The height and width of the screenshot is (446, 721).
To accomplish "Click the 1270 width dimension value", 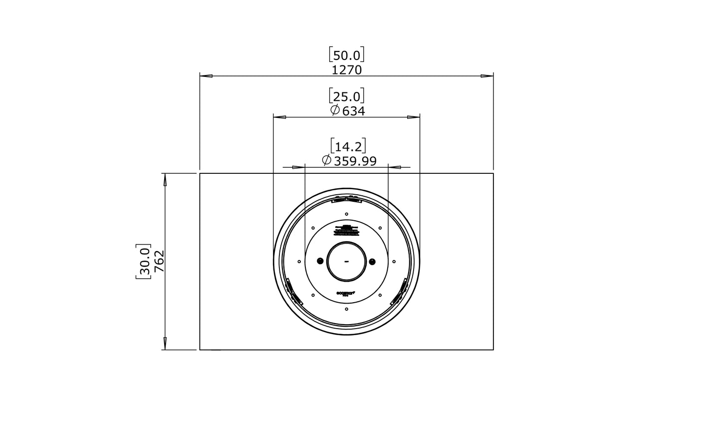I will [x=347, y=70].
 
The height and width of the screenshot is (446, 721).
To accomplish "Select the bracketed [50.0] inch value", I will [x=347, y=54].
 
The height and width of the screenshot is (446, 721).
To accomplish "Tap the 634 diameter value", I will [x=354, y=111].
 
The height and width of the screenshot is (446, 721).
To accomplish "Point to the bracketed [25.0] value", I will [x=347, y=96].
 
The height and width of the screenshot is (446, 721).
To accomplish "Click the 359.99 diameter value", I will [x=355, y=161].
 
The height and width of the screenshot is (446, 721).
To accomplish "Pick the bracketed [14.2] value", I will [x=348, y=146].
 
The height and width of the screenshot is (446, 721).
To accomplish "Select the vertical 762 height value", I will [x=159, y=261].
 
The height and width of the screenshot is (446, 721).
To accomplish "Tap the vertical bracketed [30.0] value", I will [x=143, y=261].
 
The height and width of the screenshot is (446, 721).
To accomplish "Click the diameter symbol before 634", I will [x=335, y=110].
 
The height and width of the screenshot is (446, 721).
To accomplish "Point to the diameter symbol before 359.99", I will [x=326, y=160].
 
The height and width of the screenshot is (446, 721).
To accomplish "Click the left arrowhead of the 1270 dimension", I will [x=206, y=76].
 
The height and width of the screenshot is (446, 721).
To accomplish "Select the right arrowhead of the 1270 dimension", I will [x=487, y=76].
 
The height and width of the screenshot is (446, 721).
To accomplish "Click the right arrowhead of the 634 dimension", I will [x=414, y=117].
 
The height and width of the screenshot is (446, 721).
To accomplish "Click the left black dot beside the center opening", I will [x=320, y=261].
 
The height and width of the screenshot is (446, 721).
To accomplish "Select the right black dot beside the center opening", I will [x=372, y=261].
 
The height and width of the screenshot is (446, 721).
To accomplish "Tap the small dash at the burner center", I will [x=346, y=261].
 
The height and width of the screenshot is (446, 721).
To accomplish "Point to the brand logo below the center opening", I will [x=346, y=294].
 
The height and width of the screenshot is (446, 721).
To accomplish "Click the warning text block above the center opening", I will [x=346, y=230].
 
